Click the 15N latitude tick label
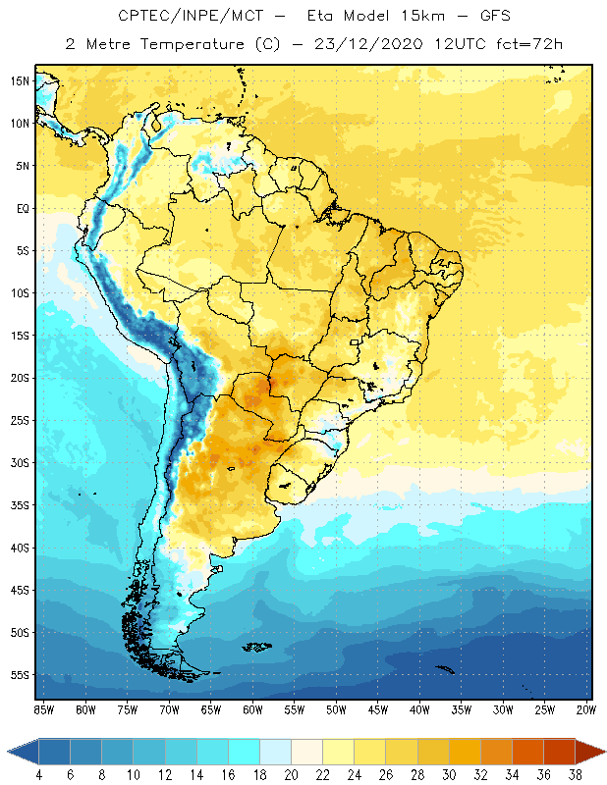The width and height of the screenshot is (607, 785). [20, 80]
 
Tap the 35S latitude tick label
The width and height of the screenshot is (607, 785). [20, 505]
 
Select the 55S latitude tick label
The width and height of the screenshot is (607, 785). [20, 675]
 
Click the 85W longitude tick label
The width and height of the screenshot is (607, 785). [43, 709]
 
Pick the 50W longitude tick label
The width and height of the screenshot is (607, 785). [336, 709]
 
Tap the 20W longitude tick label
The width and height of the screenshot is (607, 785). [586, 709]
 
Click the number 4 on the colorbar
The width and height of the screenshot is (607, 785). [38, 775]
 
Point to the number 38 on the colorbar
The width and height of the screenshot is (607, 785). [575, 775]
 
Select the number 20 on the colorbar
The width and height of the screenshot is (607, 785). [291, 775]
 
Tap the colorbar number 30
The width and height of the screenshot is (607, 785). [449, 775]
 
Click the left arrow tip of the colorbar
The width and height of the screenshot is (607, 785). [9, 752]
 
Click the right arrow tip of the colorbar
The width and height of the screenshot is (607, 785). [604, 752]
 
